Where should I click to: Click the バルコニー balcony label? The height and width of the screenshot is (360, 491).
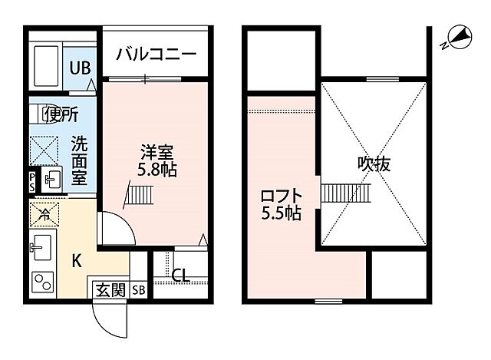(x=157, y=55)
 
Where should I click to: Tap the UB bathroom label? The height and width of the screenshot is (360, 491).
(x=81, y=67)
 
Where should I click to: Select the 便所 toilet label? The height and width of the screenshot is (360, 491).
(x=61, y=116)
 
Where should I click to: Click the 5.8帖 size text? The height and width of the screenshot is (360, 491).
(x=158, y=170)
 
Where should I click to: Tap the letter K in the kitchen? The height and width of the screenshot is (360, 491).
(x=77, y=260)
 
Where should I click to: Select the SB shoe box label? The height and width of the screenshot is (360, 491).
(x=138, y=289)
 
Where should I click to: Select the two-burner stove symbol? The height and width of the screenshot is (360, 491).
(x=42, y=282)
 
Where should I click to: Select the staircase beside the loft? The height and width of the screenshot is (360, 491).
(x=345, y=193)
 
